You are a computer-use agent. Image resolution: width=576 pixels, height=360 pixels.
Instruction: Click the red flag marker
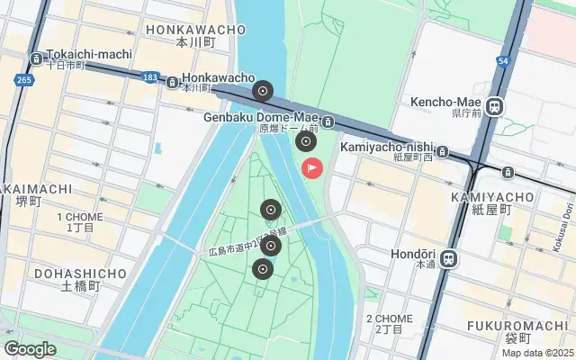point(312,167)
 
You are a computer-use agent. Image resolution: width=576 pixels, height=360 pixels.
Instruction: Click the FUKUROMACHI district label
point(506,325)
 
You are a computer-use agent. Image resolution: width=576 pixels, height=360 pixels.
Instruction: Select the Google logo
point(31,348)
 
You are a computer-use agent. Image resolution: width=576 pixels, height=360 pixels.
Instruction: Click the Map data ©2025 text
point(537,353)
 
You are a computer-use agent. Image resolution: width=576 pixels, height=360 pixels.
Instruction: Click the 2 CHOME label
point(390,319)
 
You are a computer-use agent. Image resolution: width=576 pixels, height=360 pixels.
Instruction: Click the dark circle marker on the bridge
point(263,90)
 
